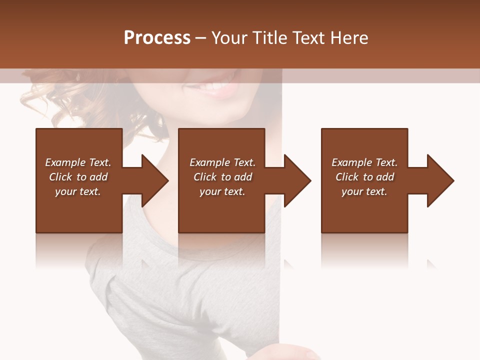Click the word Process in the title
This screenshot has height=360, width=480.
point(157,38)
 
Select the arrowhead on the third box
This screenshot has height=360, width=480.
point(439,180)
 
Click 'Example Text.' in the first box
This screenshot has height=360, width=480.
point(78,162)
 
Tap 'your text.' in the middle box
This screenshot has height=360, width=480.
point(222,191)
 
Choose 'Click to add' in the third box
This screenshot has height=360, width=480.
point(364,177)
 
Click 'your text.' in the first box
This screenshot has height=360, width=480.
point(78,191)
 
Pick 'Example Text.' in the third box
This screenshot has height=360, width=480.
point(364,162)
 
